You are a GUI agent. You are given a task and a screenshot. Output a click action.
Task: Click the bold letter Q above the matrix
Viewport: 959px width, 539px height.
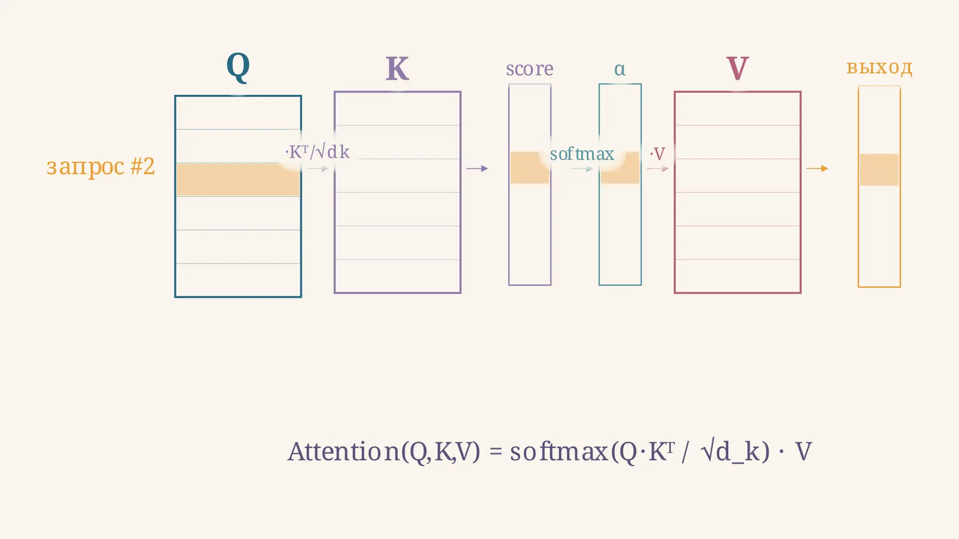pos(238,67)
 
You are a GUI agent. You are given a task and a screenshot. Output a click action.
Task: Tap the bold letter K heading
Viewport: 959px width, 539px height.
pos(397,68)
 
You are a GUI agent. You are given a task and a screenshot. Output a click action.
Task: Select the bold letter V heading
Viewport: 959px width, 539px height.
pos(737,68)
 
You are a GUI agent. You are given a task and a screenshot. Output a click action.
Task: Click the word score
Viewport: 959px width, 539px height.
pos(529,69)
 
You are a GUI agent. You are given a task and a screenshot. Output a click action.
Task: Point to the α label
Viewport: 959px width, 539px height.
pos(619,69)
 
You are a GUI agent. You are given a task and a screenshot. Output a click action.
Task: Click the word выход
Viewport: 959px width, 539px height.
pos(879,67)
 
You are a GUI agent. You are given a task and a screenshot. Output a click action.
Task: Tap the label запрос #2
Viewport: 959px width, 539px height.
pos(100,166)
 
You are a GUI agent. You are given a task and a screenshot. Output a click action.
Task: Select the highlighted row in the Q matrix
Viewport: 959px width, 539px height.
pos(238,180)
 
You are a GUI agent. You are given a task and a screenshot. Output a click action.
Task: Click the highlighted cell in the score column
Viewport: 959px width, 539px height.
pos(529,168)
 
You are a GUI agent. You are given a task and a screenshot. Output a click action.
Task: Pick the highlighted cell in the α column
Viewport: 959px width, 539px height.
pos(620,168)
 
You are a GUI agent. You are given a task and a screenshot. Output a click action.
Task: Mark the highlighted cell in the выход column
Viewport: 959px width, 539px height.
pos(879,170)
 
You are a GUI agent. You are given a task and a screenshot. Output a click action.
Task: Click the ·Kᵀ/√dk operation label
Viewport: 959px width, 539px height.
pos(317,151)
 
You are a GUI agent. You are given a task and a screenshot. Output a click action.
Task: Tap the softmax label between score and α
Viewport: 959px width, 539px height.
pos(582,154)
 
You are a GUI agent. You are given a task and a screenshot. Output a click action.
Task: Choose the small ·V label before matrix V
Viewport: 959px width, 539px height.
pos(657,154)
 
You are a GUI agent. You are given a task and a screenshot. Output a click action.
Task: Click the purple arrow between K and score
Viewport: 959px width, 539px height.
pos(477,169)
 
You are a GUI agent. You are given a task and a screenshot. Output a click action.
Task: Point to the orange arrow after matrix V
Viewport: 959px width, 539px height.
pos(818,169)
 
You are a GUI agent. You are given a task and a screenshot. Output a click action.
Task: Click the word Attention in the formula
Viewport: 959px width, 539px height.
pos(344,451)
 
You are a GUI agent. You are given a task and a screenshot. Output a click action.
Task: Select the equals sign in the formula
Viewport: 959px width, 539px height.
pos(495,451)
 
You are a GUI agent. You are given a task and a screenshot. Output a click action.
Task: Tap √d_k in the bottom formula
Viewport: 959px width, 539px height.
pos(735,451)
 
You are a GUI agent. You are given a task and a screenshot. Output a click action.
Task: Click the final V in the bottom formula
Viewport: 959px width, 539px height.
pos(803,451)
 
